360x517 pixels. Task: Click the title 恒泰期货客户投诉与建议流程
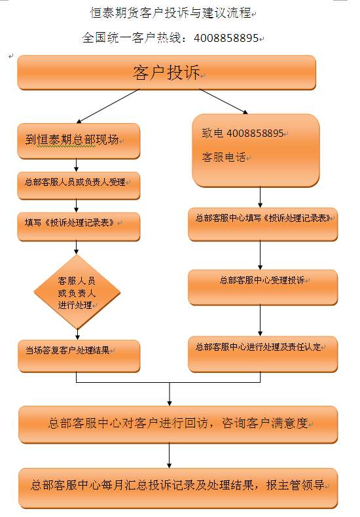[x=171, y=13]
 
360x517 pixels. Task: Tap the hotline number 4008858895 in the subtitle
[x=226, y=38]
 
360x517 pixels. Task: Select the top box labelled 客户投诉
[x=166, y=73]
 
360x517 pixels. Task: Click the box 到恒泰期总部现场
[x=79, y=141]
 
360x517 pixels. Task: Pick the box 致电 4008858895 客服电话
[x=256, y=151]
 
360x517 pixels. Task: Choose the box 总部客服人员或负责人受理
[x=79, y=186]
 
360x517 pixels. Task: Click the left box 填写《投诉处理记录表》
[x=79, y=226]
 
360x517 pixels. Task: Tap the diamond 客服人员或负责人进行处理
[x=77, y=292]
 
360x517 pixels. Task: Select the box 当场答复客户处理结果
[x=79, y=356]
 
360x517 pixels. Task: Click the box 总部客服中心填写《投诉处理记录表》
[x=262, y=224]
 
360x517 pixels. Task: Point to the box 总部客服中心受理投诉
[x=262, y=287]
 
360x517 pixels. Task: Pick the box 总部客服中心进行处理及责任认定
[x=262, y=354]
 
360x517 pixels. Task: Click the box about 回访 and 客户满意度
[x=178, y=425]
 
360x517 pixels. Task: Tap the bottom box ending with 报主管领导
[x=178, y=488]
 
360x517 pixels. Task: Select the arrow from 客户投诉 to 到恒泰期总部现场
[x=108, y=106]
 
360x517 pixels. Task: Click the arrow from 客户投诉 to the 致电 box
[x=223, y=101]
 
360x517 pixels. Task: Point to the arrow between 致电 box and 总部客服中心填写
[x=260, y=197]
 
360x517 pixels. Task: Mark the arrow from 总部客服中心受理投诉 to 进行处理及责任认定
[x=260, y=321]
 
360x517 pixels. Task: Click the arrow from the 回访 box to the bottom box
[x=169, y=455]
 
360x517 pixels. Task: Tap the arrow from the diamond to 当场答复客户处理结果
[x=77, y=334]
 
